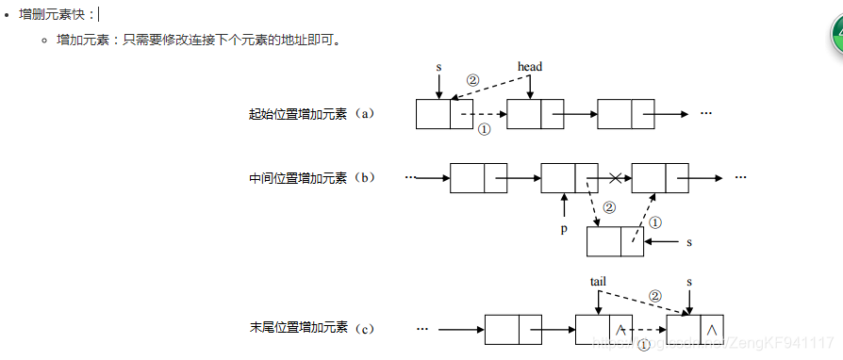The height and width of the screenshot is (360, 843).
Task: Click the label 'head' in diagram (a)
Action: point(530,67)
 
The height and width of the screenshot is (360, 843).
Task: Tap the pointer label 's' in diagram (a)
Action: point(438,67)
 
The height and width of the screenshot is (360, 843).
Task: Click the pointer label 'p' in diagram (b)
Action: point(564,228)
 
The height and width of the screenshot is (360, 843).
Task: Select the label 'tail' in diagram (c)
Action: point(598,281)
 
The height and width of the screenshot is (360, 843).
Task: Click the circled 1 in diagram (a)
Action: point(485,131)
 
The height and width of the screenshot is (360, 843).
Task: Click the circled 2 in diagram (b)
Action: point(609,206)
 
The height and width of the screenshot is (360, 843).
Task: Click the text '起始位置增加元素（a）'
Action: point(312,114)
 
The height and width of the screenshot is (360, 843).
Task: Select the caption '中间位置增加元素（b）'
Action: point(312,178)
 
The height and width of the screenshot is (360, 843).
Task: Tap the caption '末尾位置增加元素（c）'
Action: point(312,328)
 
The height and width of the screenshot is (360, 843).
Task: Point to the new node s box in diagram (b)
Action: point(615,241)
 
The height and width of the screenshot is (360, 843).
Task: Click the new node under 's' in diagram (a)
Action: point(444,114)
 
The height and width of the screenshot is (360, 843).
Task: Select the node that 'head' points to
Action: point(535,114)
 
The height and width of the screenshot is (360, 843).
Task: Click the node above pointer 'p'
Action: point(569,177)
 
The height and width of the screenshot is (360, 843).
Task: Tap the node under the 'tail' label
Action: point(603,330)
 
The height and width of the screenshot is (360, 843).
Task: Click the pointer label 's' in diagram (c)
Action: point(689,281)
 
